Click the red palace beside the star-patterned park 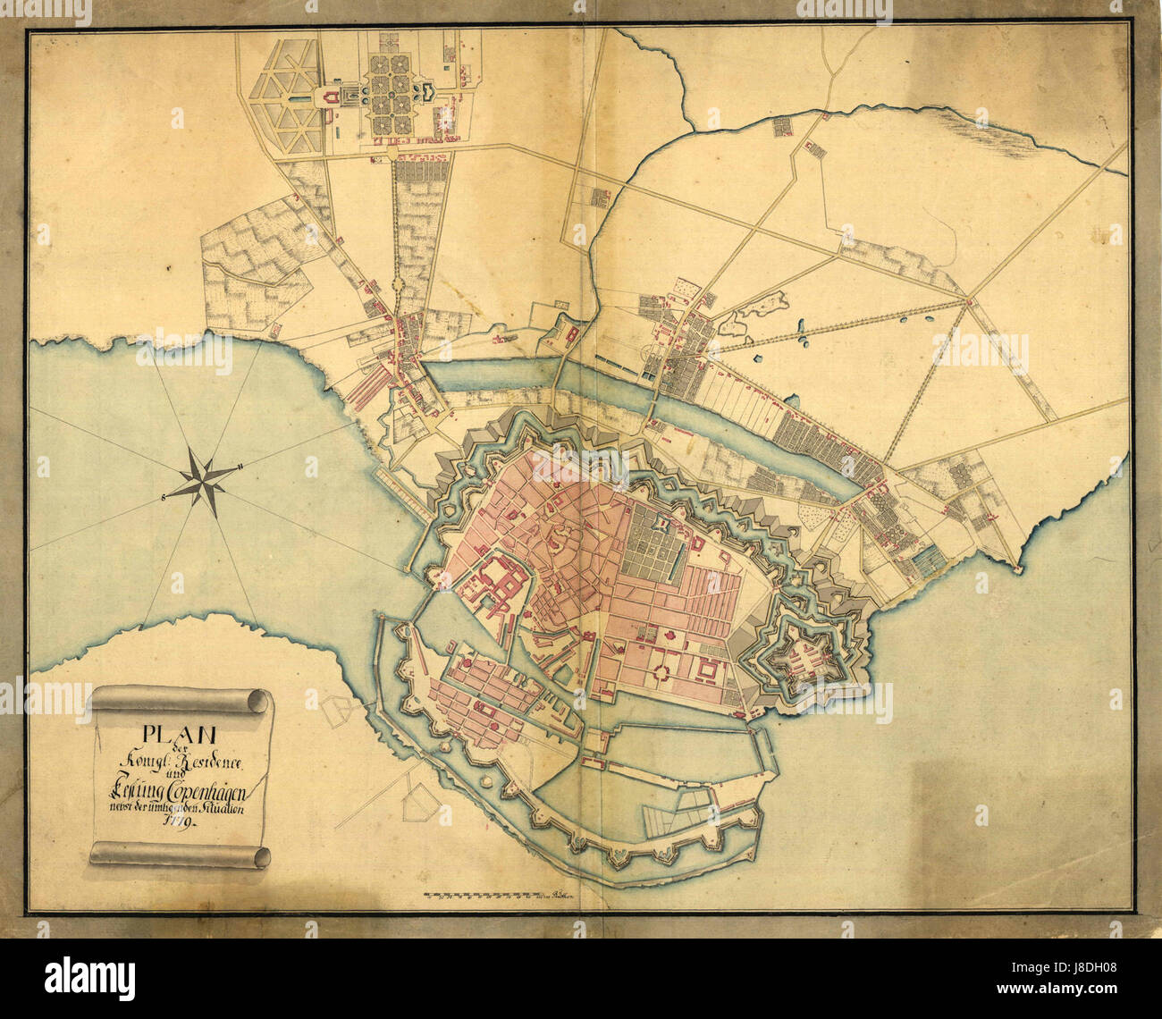pyautogui.click(x=333, y=97)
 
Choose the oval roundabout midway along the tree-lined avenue pyautogui.click(x=398, y=285)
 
